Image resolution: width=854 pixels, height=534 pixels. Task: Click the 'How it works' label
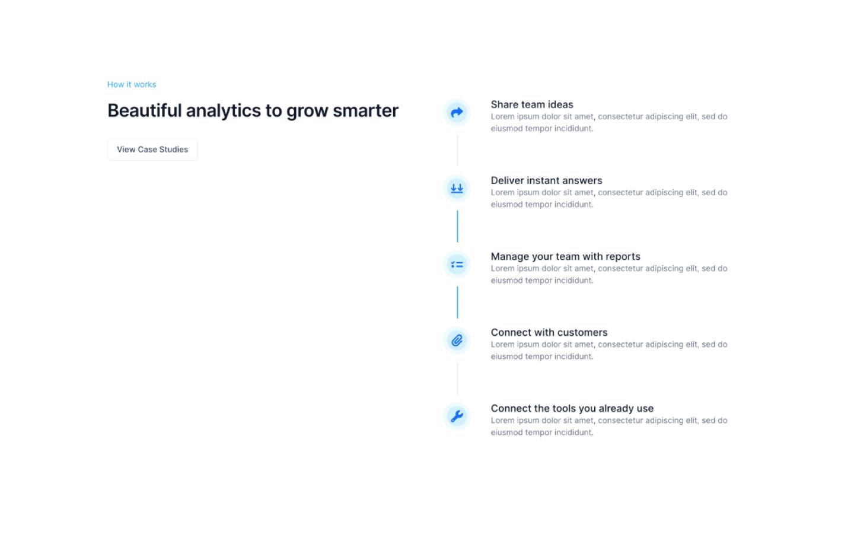132,84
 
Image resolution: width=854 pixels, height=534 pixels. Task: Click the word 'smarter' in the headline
365,110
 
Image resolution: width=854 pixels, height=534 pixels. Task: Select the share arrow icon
457,113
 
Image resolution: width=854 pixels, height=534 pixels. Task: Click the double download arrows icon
457,189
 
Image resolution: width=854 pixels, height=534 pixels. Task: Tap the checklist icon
457,265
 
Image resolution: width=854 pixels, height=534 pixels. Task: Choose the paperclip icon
457,340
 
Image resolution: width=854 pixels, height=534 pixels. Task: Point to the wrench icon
457,416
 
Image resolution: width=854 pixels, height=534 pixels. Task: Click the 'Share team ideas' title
532,104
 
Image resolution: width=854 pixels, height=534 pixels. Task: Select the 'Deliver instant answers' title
546,180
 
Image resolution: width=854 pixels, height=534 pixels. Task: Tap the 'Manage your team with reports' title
565,256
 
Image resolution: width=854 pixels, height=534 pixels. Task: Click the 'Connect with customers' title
549,332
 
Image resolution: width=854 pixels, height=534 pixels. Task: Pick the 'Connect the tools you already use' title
572,408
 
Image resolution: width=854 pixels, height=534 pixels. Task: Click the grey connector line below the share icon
457,150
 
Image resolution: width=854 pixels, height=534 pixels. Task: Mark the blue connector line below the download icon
457,226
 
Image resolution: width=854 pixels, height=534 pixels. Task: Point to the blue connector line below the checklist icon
457,302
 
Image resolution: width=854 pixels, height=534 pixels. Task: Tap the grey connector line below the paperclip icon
457,378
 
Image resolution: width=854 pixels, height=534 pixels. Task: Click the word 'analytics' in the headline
224,111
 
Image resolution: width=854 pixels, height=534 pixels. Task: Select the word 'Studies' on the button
173,150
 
